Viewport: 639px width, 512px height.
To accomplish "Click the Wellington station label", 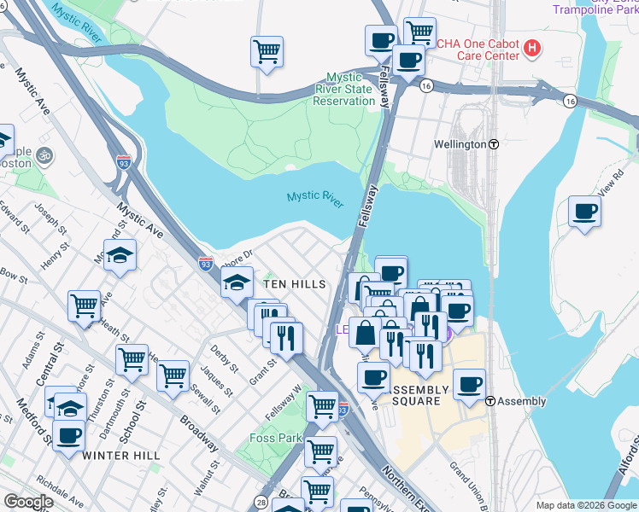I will click(460, 144).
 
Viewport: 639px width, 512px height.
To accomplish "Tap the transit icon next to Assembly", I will click(490, 401).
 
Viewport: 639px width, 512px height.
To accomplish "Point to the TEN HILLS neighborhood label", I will click(294, 283).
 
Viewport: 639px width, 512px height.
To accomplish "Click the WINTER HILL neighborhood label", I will click(120, 456).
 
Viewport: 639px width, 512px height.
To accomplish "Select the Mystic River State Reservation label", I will click(344, 89).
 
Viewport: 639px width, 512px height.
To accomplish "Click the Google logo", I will click(28, 502).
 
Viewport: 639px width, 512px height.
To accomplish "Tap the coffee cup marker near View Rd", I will click(585, 211).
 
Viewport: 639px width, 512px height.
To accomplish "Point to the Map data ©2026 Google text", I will click(585, 505).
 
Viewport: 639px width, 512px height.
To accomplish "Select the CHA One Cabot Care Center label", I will click(478, 49).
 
